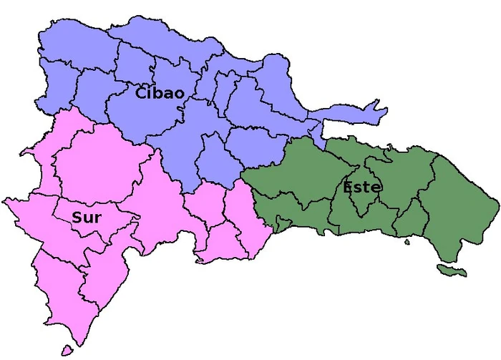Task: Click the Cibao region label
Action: [160, 93]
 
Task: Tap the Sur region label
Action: [86, 218]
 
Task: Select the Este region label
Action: [362, 188]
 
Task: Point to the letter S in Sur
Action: [77, 218]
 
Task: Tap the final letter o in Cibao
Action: [179, 94]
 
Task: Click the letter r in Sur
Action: [97, 218]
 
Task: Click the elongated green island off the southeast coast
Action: [452, 271]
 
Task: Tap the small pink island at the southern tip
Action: [67, 351]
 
